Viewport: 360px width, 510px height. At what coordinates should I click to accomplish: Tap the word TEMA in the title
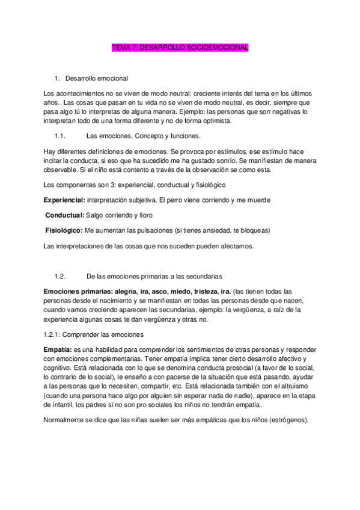pos(122,48)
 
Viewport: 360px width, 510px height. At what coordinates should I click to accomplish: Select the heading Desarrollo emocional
pos(95,78)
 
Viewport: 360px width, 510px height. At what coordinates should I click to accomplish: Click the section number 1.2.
pos(59,276)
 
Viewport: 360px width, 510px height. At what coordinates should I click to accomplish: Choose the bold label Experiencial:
pos(65,199)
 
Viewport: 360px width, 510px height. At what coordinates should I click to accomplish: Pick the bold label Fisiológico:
pos(64,230)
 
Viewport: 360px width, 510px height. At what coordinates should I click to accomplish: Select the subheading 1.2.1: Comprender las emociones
pos(93,334)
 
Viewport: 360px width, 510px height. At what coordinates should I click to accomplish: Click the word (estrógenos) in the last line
pos(287,420)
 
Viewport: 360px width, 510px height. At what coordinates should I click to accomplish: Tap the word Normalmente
pos(66,420)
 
